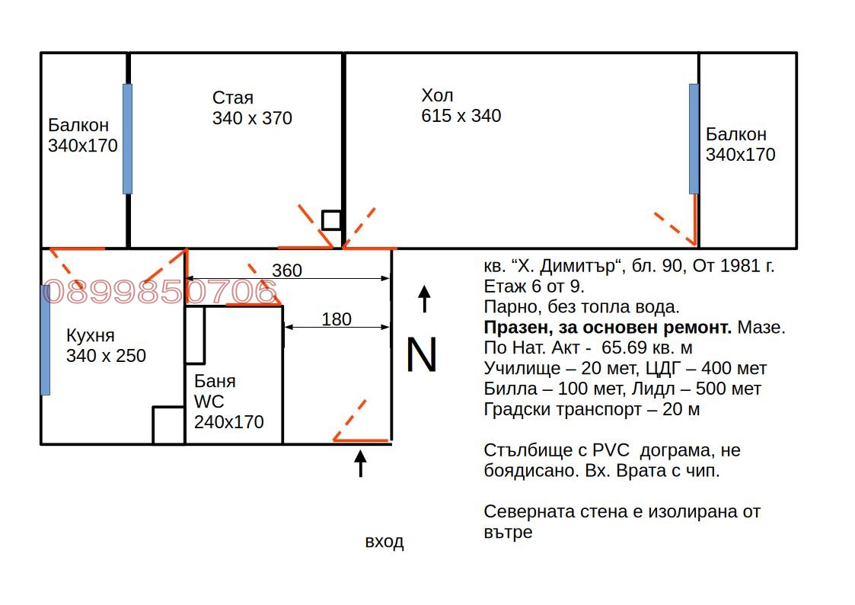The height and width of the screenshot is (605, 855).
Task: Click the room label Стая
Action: coord(232,98)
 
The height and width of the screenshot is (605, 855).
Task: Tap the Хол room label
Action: coord(437,96)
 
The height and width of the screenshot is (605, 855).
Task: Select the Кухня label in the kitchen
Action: coord(90,336)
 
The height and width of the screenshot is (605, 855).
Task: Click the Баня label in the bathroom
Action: coord(215,381)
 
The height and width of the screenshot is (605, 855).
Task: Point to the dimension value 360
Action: coord(287,270)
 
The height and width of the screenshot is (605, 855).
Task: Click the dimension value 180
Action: coord(337,319)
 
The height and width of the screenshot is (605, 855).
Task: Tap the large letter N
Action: coord(422,355)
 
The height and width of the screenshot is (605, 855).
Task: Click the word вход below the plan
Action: coord(384,543)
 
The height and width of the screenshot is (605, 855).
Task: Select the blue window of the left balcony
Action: coord(127,139)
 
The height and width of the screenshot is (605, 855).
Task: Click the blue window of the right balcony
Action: coord(694,139)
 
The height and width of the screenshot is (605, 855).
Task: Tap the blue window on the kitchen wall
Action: coord(45,340)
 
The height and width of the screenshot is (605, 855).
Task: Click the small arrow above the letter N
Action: coord(425,299)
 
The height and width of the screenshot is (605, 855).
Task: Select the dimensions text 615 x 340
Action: coord(461,117)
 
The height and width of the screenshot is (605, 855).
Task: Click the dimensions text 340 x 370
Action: coord(252,119)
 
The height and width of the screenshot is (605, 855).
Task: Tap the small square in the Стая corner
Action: coord(331,220)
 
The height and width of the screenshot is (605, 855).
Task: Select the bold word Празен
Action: coord(514,328)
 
